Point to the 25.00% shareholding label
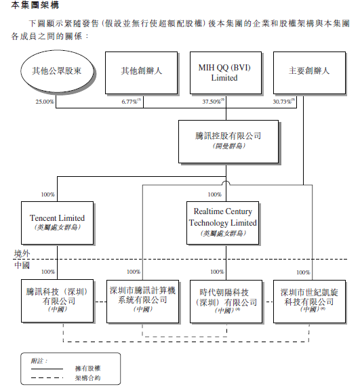pos(45,102)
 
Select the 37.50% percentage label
pos(212,102)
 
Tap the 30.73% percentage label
pos(284,102)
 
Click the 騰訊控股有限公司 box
pos(228,141)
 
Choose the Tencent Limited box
pos(58,222)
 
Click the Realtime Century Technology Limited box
pos(223,222)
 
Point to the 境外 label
pos(22,253)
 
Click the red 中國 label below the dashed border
pos(22,265)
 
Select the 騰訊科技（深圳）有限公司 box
pos(57,300)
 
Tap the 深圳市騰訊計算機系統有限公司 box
pos(142,300)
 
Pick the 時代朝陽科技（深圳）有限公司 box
pos(223,300)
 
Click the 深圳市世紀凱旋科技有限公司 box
pos(307,300)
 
